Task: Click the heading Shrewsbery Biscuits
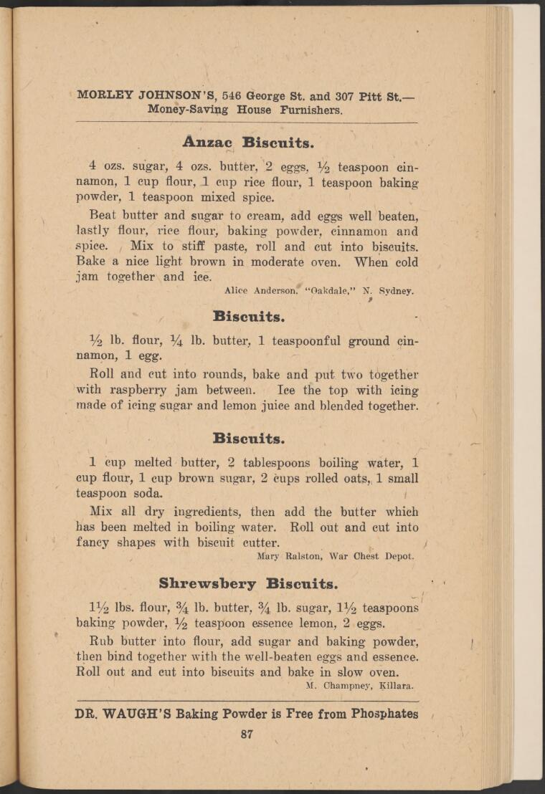248,583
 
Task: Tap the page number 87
247,733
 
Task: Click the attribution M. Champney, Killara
360,685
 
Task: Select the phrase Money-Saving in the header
188,110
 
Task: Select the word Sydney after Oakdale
396,291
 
